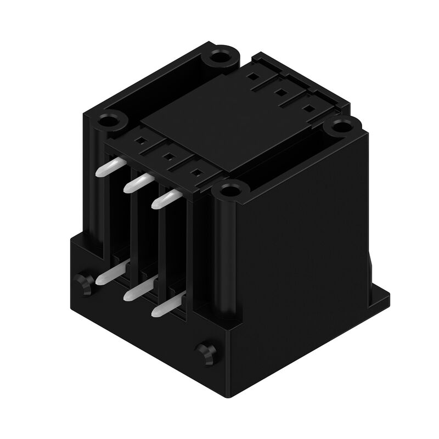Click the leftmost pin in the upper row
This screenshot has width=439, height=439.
[108, 167]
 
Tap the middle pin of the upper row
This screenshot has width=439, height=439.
[137, 183]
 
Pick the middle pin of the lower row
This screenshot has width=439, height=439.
[137, 289]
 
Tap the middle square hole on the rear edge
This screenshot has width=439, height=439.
[280, 93]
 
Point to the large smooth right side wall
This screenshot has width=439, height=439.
[307, 241]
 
